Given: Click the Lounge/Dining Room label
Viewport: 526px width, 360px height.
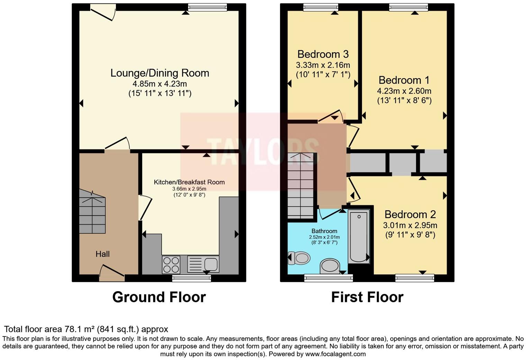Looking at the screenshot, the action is [x=160, y=73].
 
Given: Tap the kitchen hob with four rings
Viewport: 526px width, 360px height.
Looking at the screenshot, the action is [x=171, y=265].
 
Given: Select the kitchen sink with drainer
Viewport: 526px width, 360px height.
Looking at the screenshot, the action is [x=203, y=264].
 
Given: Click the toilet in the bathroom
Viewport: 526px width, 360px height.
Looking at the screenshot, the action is [x=299, y=258].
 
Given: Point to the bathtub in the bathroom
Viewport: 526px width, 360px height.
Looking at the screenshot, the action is [x=359, y=237].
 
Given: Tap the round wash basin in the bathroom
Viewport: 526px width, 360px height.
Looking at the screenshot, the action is [x=330, y=266].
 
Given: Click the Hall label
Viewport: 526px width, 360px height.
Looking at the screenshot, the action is [x=103, y=254].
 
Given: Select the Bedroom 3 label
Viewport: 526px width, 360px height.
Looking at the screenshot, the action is [x=323, y=54].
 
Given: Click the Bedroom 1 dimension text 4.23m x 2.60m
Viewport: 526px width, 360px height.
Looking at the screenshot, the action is [x=404, y=91].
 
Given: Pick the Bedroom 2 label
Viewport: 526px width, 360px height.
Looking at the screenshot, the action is [x=410, y=214].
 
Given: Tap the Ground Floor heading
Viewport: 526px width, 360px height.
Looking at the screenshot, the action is [x=159, y=297].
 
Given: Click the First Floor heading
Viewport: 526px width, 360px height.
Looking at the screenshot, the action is [x=367, y=297].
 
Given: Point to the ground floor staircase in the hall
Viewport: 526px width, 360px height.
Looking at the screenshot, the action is [x=92, y=211].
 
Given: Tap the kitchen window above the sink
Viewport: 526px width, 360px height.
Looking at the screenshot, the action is [x=192, y=278].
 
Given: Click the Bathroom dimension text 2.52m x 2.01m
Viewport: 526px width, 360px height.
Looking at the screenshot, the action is [x=324, y=237].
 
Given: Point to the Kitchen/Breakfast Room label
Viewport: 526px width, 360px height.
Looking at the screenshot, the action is [x=189, y=182].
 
